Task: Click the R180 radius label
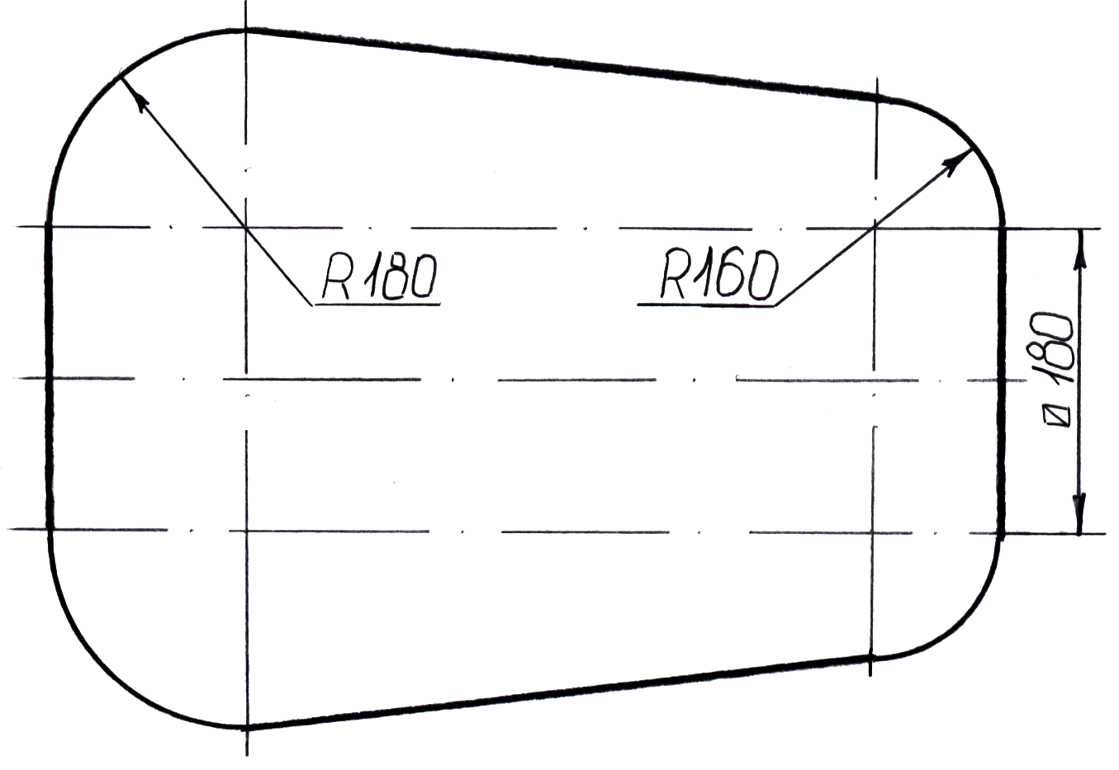[378, 276]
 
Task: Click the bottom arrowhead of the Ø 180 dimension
[1079, 512]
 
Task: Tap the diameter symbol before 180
[1058, 413]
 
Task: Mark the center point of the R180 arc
[246, 226]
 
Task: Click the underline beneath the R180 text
[377, 305]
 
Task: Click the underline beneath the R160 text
[706, 305]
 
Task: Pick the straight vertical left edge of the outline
[50, 380]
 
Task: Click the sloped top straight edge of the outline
[562, 64]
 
